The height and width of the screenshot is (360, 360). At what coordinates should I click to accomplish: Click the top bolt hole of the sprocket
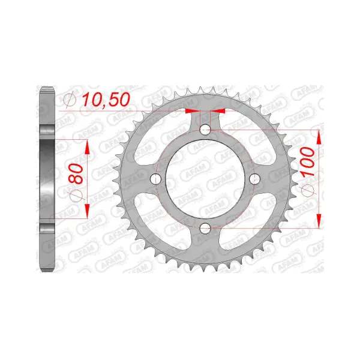pos(205,130)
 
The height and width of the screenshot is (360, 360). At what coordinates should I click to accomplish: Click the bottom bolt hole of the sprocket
pos(205,228)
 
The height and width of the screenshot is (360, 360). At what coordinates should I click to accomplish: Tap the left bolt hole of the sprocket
pos(156,179)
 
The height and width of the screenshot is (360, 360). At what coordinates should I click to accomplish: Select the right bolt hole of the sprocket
pos(254,179)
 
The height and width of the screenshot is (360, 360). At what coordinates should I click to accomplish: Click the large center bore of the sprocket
pos(205,179)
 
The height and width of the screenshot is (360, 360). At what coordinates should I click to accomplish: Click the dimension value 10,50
pos(106,100)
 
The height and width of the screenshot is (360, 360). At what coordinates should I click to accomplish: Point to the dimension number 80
pos(76,173)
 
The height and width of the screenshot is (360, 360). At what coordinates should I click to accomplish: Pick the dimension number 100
pos(308,162)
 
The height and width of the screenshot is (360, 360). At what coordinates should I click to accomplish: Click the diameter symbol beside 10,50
pos(70,100)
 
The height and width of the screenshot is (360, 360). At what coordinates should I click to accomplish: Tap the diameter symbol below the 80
pos(76,196)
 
